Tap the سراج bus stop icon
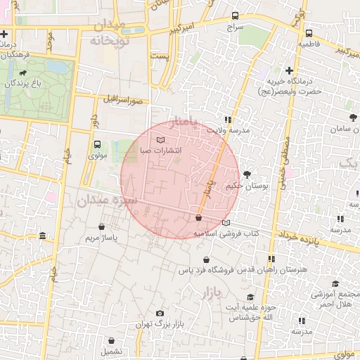point(234,15)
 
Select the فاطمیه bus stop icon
point(309,32)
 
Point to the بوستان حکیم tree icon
point(247,174)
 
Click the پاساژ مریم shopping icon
point(103,227)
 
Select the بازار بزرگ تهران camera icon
point(160,313)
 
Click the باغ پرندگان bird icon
point(24,72)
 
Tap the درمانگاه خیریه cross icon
point(289,70)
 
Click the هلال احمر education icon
point(335,283)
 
